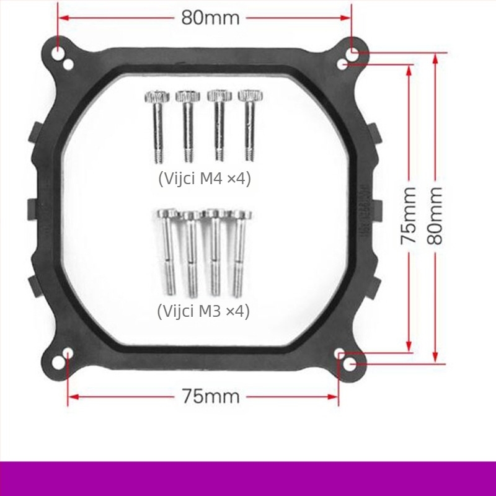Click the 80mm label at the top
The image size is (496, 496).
click(x=210, y=18)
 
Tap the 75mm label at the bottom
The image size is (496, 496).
click(x=210, y=396)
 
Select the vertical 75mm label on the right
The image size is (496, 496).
click(x=409, y=216)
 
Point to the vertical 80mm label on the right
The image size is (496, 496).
click(x=435, y=216)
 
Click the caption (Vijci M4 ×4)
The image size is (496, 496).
click(x=205, y=179)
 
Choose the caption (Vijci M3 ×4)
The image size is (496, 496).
click(x=203, y=311)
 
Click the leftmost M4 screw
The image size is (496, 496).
click(x=157, y=126)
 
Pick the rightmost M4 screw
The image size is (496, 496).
click(x=250, y=126)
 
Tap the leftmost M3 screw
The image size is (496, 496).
click(x=168, y=252)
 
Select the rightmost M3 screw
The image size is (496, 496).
click(x=239, y=254)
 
